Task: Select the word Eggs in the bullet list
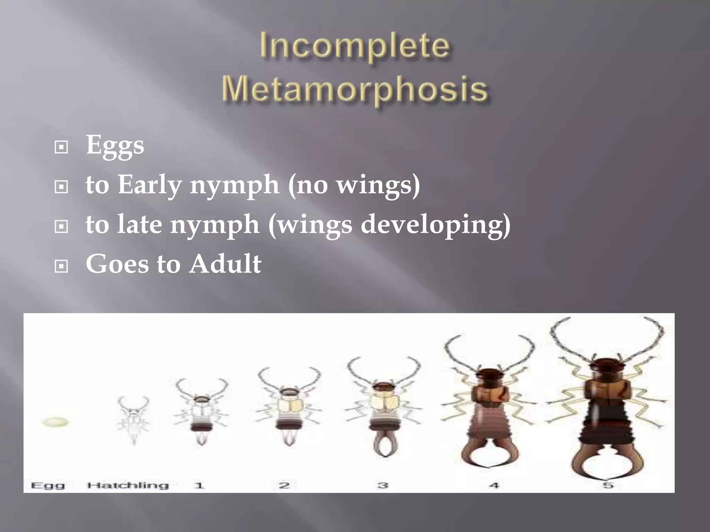coord(115,145)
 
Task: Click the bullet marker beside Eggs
coord(61,147)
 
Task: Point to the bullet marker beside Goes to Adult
coord(61,266)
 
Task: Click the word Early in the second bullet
coord(149,185)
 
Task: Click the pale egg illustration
coord(55,422)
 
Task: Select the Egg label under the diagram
coord(48,485)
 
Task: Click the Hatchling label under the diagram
coord(128,485)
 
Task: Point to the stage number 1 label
coord(199,485)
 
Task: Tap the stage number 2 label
coord(284,485)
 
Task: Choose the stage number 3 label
coord(382,485)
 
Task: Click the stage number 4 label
coord(494,485)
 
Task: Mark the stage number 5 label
coord(608,485)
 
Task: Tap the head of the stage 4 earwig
coord(489,375)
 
